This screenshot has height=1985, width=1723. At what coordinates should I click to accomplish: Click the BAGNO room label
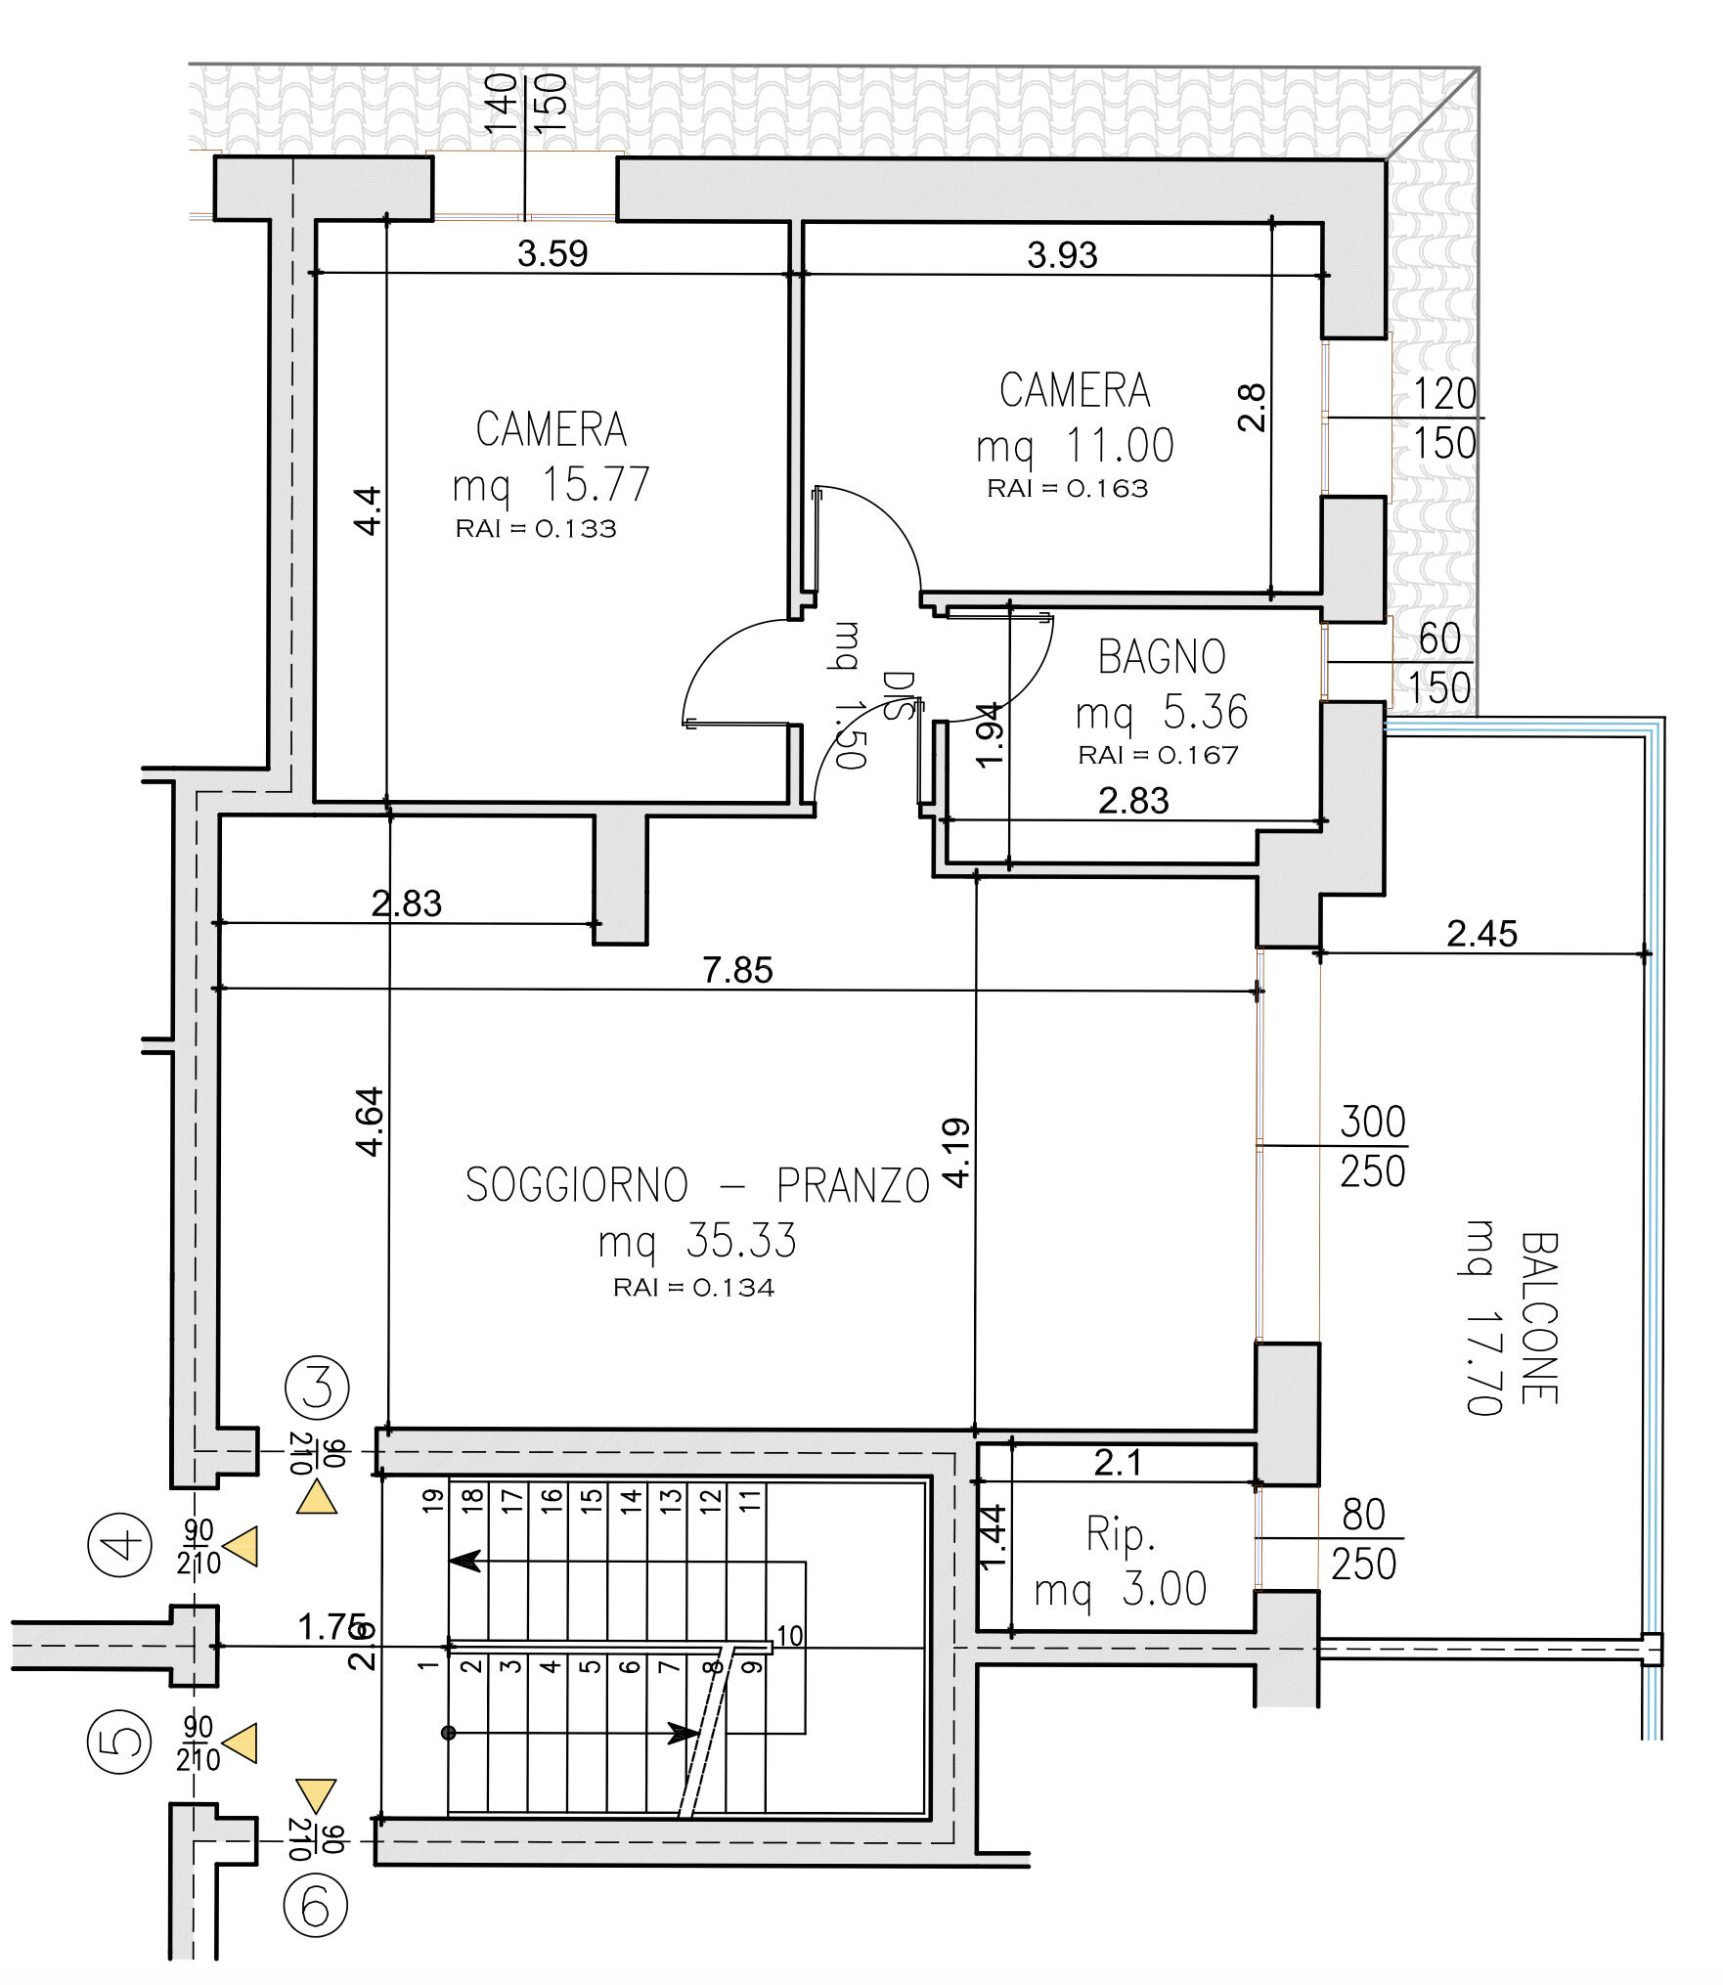(x=1162, y=656)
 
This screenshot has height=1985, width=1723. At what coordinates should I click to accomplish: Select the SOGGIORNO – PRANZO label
(x=697, y=1185)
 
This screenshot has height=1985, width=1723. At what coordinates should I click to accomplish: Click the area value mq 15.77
(x=551, y=484)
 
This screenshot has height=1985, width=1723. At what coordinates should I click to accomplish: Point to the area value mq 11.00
(x=1075, y=446)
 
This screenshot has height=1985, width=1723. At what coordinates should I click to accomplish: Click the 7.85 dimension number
(x=737, y=970)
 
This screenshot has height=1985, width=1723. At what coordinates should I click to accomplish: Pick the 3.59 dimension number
(x=552, y=253)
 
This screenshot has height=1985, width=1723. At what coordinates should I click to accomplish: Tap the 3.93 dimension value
(x=1062, y=254)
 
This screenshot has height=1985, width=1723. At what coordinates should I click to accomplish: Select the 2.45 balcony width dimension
(x=1481, y=934)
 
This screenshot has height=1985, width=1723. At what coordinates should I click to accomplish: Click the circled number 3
(x=317, y=1387)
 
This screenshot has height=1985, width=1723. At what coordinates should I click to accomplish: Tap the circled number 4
(x=120, y=1545)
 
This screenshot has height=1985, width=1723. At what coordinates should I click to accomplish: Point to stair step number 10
(x=789, y=1635)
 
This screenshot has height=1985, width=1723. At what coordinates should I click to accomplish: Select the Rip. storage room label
(x=1121, y=1534)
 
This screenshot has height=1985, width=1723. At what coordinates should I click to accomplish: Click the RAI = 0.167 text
(x=1158, y=755)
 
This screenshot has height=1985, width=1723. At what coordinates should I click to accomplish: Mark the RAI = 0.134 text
(x=693, y=1288)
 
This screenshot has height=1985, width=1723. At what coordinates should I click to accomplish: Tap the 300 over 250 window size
(x=1373, y=1146)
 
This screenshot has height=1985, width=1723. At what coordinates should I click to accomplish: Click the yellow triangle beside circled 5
(x=240, y=1743)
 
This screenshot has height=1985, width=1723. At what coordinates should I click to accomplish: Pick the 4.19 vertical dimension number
(x=958, y=1152)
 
